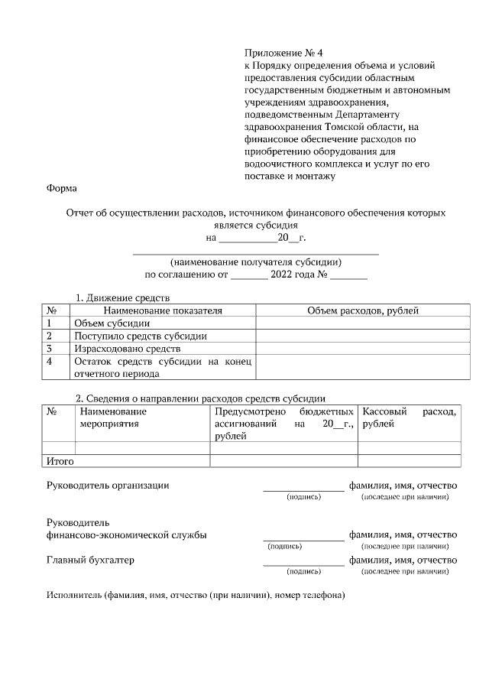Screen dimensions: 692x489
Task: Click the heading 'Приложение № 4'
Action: [x=283, y=53]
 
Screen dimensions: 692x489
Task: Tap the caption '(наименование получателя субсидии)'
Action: [x=256, y=261]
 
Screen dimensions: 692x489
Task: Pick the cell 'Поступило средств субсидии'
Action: [x=140, y=336]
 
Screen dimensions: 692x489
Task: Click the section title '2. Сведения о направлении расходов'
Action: [x=199, y=398]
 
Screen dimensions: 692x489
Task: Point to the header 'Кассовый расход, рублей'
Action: [x=410, y=417]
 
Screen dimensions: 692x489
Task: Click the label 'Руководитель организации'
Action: [x=108, y=485]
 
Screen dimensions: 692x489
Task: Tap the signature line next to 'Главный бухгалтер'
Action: [x=303, y=564]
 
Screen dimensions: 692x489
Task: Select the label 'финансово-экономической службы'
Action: [x=126, y=534]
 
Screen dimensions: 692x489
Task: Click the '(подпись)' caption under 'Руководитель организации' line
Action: [x=303, y=497]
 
